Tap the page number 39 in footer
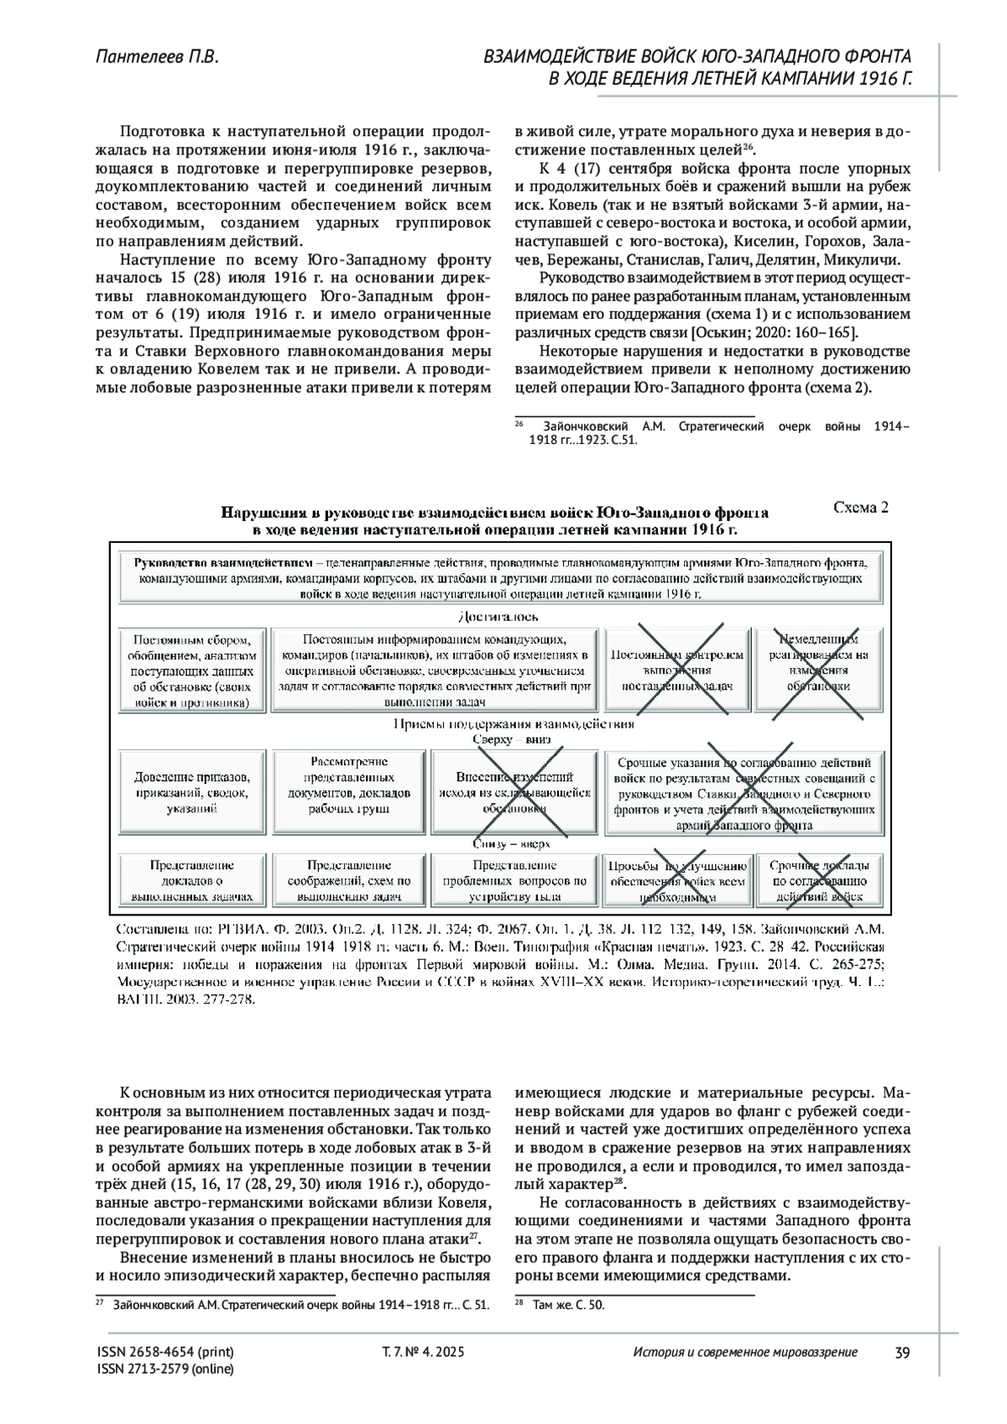[x=903, y=1352]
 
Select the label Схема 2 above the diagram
[x=859, y=508]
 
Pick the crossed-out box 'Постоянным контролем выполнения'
[x=677, y=670]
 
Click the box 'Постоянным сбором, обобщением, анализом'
[x=192, y=670]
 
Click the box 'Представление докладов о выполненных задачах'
[x=192, y=880]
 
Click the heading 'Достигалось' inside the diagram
[x=499, y=617]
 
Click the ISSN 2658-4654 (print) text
[x=166, y=1352]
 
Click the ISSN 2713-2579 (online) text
[x=166, y=1369]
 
